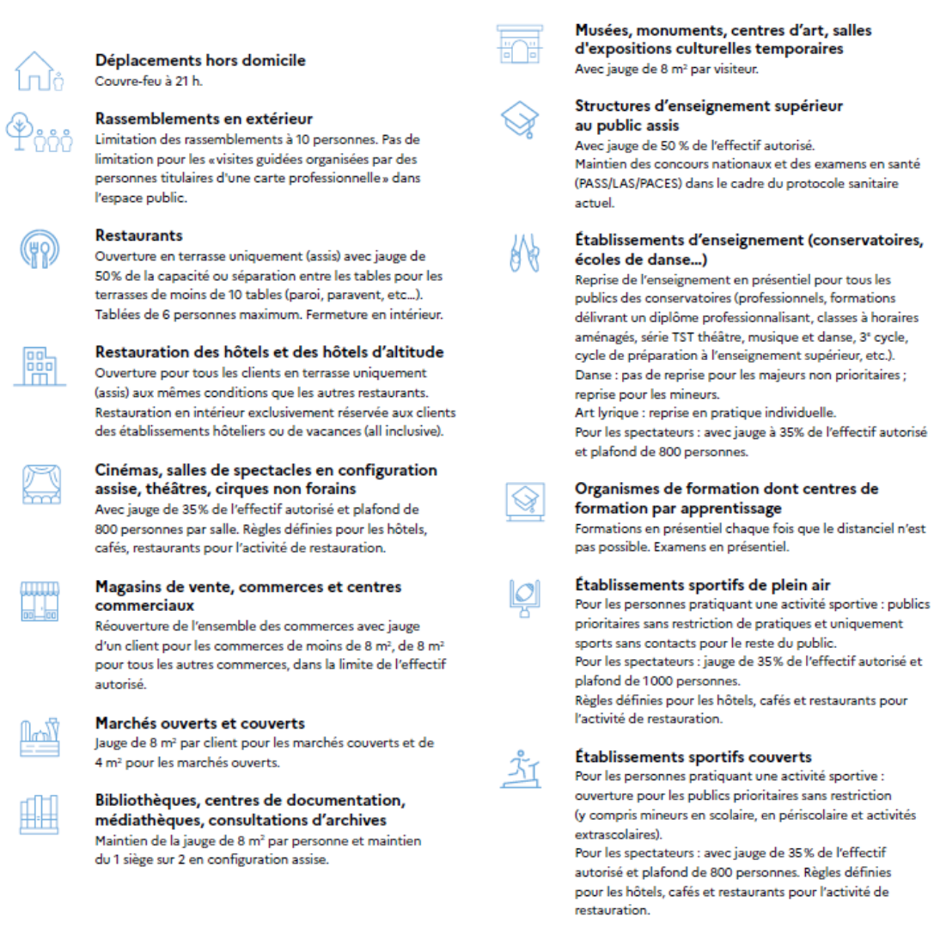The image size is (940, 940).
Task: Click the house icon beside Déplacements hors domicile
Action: (x=38, y=71)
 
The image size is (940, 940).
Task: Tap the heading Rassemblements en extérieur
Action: (x=204, y=119)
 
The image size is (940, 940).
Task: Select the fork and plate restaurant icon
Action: (x=40, y=250)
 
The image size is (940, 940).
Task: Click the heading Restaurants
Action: (x=138, y=235)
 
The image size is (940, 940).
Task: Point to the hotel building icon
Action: (x=40, y=365)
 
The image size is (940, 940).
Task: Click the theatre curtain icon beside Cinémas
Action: (x=40, y=484)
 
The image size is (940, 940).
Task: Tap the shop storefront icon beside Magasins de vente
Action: (x=40, y=601)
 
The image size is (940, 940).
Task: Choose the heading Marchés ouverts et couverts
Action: (x=199, y=723)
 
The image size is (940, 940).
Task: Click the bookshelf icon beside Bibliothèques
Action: (x=40, y=813)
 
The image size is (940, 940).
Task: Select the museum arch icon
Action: (x=519, y=45)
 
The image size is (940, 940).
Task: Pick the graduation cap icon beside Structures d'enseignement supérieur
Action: (x=520, y=119)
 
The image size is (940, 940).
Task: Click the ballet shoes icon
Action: (x=524, y=253)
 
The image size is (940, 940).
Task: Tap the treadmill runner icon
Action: (x=521, y=769)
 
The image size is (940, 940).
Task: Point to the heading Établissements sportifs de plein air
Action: (x=702, y=585)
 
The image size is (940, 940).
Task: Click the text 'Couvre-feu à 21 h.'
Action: (x=149, y=82)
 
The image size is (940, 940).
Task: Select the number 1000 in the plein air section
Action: (x=658, y=681)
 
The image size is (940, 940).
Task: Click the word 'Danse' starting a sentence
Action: (x=594, y=375)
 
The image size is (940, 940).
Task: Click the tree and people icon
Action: (x=40, y=132)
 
